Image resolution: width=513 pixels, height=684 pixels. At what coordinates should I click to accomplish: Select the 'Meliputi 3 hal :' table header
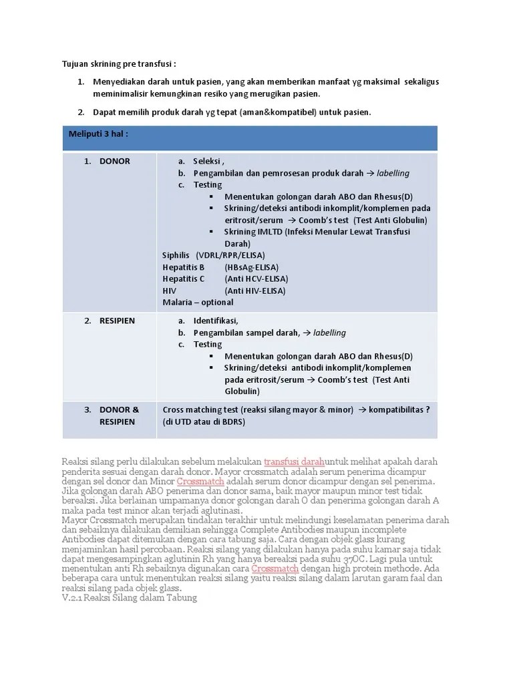[98, 134]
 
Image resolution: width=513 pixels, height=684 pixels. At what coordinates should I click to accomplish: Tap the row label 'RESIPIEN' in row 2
[117, 321]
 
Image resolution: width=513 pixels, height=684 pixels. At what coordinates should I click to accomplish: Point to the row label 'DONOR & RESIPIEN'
[119, 415]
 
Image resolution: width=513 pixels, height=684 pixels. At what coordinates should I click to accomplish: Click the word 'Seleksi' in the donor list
[208, 161]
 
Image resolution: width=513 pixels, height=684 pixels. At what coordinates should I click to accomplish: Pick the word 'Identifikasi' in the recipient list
[215, 321]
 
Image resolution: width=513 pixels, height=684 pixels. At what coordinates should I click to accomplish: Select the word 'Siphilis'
[176, 255]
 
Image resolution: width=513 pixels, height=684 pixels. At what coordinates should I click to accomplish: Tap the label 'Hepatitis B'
[184, 267]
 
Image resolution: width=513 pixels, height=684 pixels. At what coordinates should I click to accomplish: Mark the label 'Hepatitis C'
[184, 279]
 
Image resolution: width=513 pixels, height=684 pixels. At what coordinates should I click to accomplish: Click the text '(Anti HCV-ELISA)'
[256, 279]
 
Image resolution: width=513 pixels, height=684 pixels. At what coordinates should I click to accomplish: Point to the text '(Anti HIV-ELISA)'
[255, 291]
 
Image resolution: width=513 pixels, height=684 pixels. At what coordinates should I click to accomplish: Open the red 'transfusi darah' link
[294, 462]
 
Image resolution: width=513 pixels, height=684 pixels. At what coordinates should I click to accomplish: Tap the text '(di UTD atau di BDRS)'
[204, 421]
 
